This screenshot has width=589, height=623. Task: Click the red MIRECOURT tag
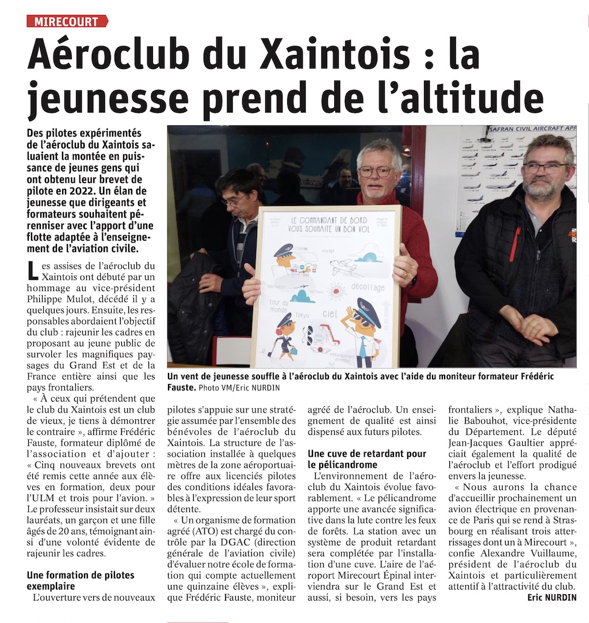click(x=67, y=21)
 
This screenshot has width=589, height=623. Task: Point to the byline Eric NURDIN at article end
click(x=552, y=598)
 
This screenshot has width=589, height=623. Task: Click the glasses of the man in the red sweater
click(x=375, y=171)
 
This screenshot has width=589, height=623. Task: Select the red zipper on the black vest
click(x=514, y=244)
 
